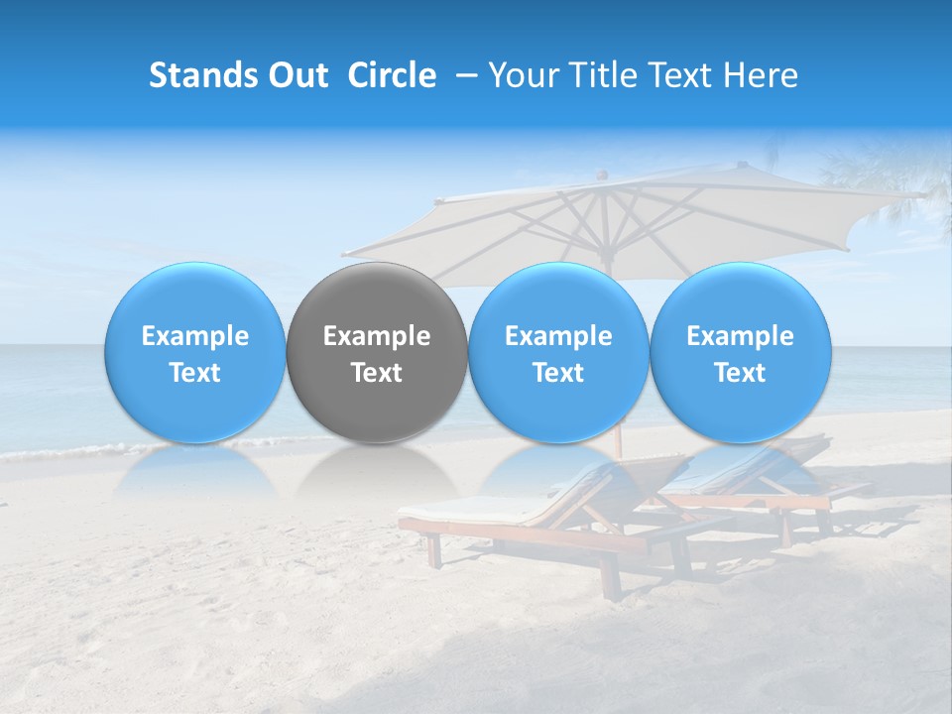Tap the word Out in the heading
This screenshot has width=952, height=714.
297,76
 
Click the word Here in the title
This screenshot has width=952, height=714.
764,76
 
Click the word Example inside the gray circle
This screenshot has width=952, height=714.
377,336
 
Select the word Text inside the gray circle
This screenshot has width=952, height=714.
377,373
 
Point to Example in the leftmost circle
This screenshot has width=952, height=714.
195,336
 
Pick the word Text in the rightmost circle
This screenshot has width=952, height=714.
740,373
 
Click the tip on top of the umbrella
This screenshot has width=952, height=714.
601,175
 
